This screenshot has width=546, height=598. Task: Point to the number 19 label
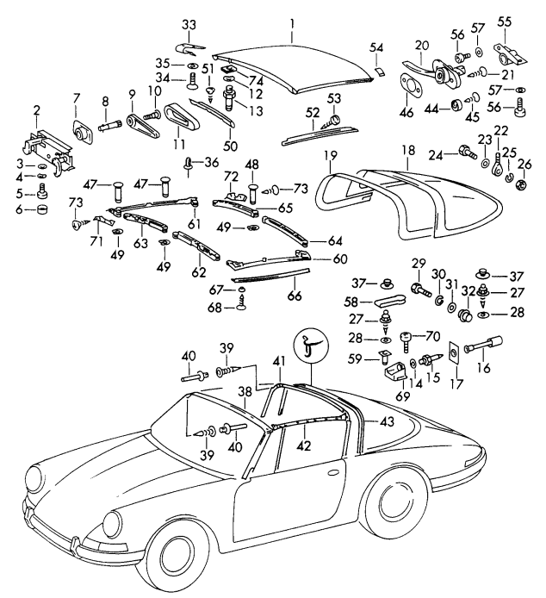(328, 156)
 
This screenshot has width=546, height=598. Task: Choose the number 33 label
(189, 22)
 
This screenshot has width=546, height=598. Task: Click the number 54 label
(376, 46)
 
